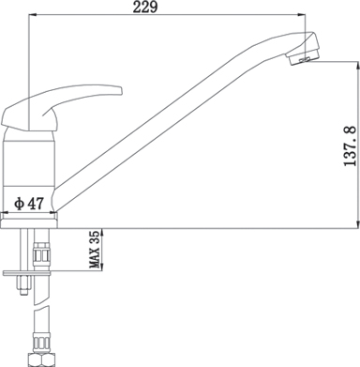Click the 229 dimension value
coord(145,7)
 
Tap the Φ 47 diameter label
coord(28,204)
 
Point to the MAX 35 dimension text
coord(96,250)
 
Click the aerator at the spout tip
coord(304,56)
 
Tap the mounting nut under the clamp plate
coord(23,285)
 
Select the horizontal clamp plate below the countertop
coord(26,273)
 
